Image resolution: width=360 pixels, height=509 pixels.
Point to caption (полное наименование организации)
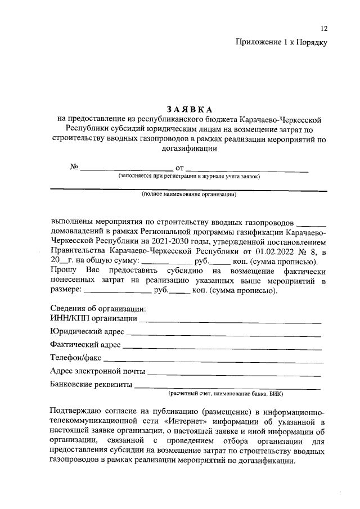(189, 195)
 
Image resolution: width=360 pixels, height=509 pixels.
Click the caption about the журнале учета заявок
(189, 176)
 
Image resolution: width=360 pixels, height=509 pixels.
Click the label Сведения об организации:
(98, 309)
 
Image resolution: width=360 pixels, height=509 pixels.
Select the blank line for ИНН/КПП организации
(230, 321)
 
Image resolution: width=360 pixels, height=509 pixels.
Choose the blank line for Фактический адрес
(222, 347)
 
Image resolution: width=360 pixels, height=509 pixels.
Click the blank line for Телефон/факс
(214, 360)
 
